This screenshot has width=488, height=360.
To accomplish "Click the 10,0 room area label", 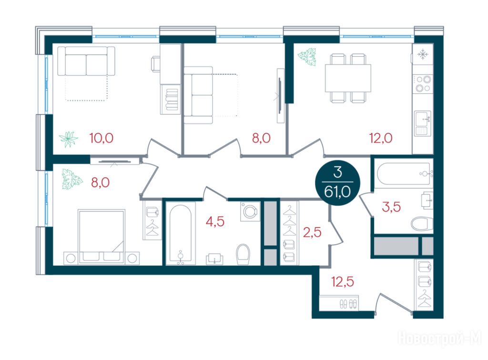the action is tap(102, 138).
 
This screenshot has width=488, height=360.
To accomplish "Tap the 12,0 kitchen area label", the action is tap(381, 138).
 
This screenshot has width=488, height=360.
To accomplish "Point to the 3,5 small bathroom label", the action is tap(391, 207).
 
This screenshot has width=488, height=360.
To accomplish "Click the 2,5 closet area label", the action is tap(312, 232).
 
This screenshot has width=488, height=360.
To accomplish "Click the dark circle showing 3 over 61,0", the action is tap(337, 183).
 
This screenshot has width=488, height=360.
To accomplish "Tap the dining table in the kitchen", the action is tap(348, 78).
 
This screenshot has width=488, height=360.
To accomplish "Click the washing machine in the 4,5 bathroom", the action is tap(250, 212).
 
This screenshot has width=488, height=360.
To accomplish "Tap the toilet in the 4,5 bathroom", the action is tap(243, 254).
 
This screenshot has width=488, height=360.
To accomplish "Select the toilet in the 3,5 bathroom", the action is tap(422, 223).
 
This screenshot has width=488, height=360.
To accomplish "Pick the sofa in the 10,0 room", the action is tap(86, 61).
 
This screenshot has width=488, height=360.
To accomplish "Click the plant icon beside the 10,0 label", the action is tap(68, 139).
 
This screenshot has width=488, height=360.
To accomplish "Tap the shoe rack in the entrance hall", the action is tap(339, 303).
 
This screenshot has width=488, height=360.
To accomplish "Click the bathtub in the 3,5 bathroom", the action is tap(404, 174).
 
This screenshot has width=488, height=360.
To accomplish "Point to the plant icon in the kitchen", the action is tap(307, 57).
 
